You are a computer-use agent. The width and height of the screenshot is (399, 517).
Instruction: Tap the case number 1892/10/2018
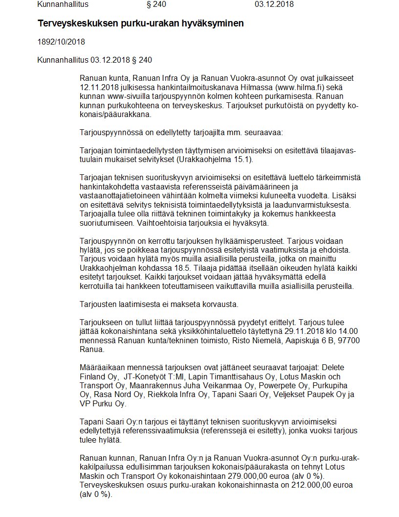61,42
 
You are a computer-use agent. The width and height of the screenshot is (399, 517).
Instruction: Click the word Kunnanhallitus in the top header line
63,5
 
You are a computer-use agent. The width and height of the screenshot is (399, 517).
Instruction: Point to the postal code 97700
347,340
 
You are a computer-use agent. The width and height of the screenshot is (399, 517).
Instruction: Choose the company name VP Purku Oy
103,403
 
